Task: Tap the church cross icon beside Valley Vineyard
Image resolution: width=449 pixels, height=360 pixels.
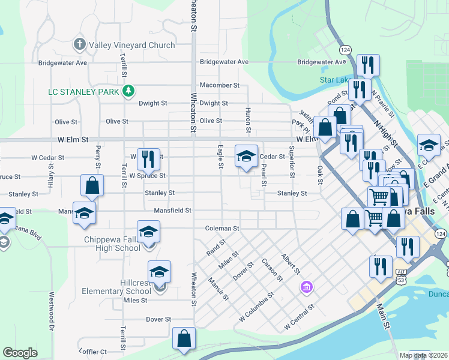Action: click(79, 44)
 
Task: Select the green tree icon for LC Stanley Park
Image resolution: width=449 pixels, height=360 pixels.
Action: click(128, 91)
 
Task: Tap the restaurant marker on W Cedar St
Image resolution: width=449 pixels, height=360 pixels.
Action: click(149, 159)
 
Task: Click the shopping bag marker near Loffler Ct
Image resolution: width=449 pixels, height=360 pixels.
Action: click(184, 339)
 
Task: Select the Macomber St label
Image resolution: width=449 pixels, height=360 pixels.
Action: click(219, 86)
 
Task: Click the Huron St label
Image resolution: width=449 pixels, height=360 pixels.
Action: click(248, 121)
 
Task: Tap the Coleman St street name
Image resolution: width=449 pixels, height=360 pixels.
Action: click(222, 229)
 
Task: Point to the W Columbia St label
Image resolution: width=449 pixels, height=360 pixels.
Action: click(256, 307)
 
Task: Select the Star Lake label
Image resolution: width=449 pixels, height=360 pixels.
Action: click(335, 80)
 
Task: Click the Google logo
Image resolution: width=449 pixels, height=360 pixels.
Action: click(20, 353)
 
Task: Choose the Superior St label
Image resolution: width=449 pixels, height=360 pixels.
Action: click(292, 162)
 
